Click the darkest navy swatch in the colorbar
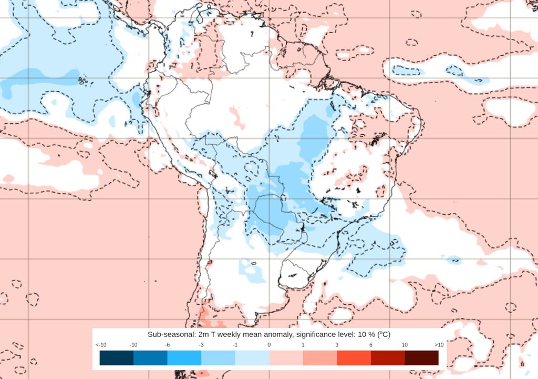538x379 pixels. [116, 358]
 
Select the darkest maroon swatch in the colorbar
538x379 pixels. [421, 358]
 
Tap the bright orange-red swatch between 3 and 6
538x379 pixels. [354, 358]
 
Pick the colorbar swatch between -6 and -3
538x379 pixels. [184, 358]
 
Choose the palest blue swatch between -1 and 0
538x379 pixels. [252, 358]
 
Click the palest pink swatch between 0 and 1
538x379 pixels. [286, 358]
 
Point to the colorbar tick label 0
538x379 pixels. [269, 344]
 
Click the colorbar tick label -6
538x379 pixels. [167, 344]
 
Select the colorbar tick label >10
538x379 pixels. [439, 344]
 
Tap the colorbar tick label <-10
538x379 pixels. [101, 344]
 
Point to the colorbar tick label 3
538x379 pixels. [337, 344]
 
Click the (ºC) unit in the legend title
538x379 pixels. [381, 335]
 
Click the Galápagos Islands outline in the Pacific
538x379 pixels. [82, 81]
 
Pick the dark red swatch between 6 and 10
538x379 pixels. [388, 358]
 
